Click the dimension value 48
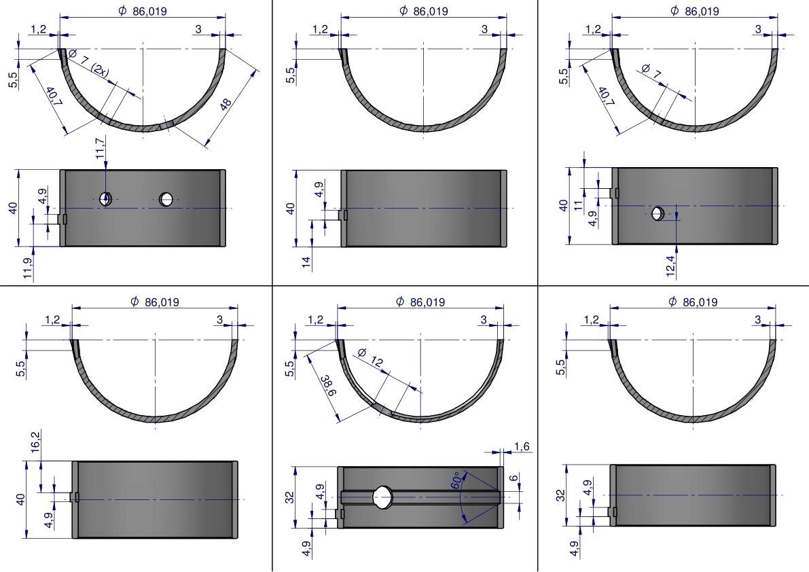click(226, 105)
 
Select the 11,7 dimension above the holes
click(100, 147)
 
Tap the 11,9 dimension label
click(28, 268)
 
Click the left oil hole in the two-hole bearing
click(106, 198)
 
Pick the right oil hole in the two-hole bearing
click(166, 198)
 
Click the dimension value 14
click(306, 262)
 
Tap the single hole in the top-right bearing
click(658, 213)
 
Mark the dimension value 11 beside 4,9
click(578, 205)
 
